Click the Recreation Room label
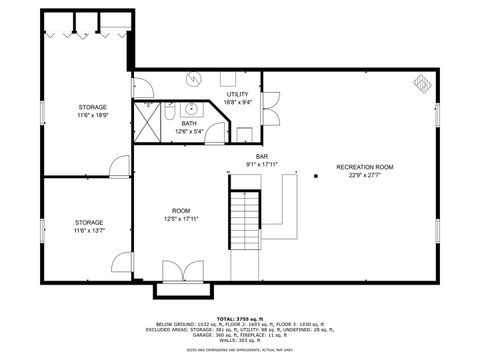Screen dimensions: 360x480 (364, 166)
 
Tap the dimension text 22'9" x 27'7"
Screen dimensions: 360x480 (364, 175)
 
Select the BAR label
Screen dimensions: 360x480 (262, 157)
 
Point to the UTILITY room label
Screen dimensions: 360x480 (237, 94)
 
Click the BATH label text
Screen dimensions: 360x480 (189, 123)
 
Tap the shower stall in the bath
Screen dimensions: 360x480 (148, 120)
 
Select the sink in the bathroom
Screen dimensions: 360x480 (190, 108)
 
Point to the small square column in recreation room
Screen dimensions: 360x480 (316, 176)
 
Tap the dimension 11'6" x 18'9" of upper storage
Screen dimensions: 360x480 (92, 116)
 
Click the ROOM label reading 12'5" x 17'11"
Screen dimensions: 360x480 (181, 215)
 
